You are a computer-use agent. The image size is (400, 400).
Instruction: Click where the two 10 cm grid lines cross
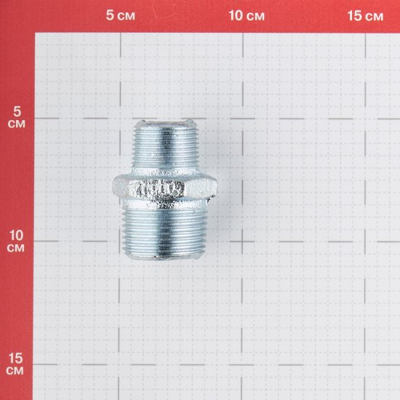pos(243,241)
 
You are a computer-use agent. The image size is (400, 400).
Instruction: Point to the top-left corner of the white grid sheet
pos(36,34)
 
